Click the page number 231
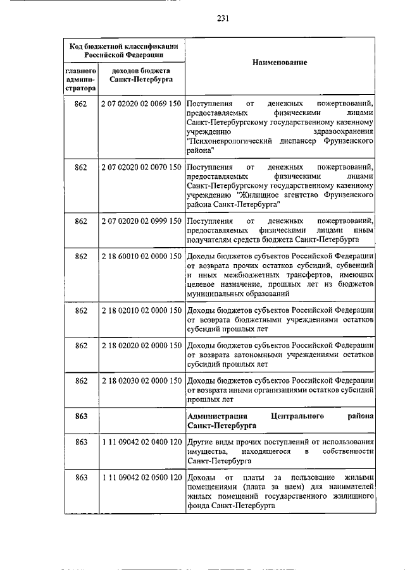tap(223, 18)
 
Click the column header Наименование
tap(279, 63)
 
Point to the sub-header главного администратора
tap(80, 80)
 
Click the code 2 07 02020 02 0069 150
tap(140, 103)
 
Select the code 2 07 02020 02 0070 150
tap(140, 167)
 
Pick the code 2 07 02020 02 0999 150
tap(140, 221)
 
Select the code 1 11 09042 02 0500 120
tap(140, 478)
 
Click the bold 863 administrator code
tap(80, 416)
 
